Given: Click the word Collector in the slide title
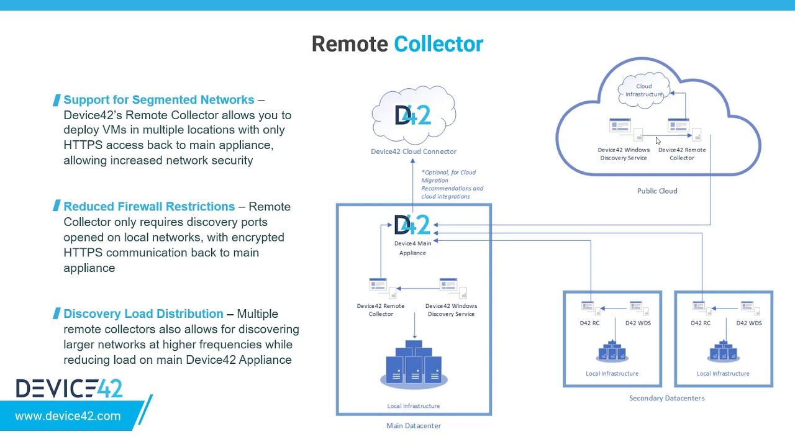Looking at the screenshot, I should [438, 44].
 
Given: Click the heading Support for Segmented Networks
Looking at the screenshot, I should [159, 100].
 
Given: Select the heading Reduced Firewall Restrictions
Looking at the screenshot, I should [149, 207].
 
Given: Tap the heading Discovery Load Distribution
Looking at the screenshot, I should [143, 314].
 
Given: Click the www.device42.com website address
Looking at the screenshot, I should [68, 417].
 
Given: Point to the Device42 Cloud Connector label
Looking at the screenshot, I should [414, 151].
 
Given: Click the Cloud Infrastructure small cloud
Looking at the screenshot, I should [644, 91].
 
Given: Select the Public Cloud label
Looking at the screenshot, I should [657, 191].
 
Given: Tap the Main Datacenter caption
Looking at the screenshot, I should [414, 426].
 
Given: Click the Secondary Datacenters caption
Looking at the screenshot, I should [666, 399].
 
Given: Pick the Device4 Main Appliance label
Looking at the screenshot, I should [412, 248].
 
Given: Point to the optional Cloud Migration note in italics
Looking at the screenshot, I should [452, 184].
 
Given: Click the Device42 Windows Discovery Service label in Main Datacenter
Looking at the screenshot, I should [451, 310].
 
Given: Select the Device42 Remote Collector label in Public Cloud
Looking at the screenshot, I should [682, 154].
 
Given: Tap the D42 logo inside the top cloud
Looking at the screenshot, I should [413, 115].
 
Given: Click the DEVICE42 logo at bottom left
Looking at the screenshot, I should [70, 389].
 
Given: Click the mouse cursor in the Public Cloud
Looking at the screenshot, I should [658, 142].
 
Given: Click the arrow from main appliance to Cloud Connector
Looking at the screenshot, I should [412, 186].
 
